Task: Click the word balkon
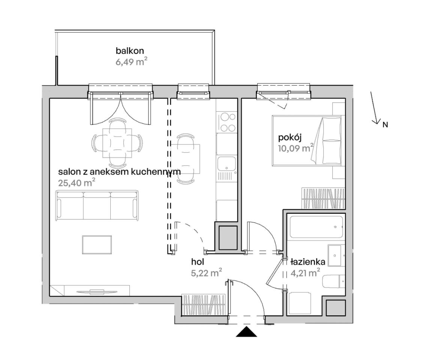click(x=130, y=51)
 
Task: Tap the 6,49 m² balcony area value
click(x=131, y=61)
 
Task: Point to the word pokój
click(x=290, y=138)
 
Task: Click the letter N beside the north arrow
click(x=385, y=125)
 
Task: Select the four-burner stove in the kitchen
click(x=227, y=122)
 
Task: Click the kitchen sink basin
click(x=227, y=163)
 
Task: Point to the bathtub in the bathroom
click(x=316, y=227)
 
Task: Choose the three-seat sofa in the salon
click(x=97, y=205)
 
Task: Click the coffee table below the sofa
click(x=97, y=245)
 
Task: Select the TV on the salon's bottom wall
click(x=97, y=291)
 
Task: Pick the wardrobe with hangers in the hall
click(x=204, y=305)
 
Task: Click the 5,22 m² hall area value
click(x=206, y=273)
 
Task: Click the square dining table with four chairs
click(x=117, y=143)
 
